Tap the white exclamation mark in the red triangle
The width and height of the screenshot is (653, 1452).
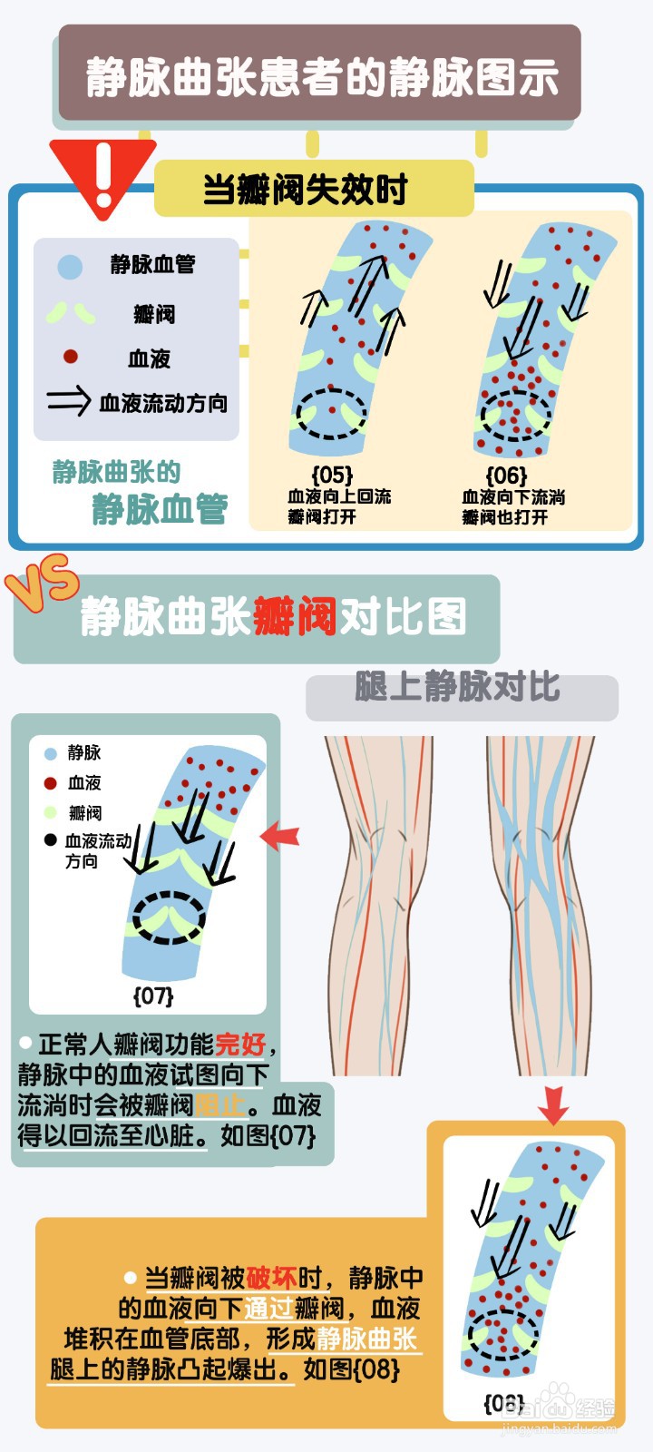pyautogui.click(x=103, y=174)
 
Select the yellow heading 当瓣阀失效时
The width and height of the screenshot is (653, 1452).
pyautogui.click(x=305, y=190)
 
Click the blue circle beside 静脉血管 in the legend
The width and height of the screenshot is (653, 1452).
pyautogui.click(x=70, y=266)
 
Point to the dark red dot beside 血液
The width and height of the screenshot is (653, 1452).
pyautogui.click(x=70, y=357)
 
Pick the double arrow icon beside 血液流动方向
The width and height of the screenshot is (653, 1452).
pyautogui.click(x=69, y=400)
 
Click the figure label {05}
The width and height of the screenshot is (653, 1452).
pyautogui.click(x=331, y=475)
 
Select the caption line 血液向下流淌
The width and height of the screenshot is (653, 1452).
pyautogui.click(x=513, y=497)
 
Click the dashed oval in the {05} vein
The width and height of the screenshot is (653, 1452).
pyautogui.click(x=333, y=414)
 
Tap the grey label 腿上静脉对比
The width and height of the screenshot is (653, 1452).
pyautogui.click(x=457, y=687)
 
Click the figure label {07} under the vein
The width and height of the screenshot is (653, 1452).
pyautogui.click(x=153, y=996)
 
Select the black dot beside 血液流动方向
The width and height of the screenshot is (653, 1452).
pyautogui.click(x=50, y=839)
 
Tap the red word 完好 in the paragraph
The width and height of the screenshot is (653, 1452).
pyautogui.click(x=240, y=1045)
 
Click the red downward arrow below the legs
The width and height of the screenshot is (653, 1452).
pyautogui.click(x=552, y=1104)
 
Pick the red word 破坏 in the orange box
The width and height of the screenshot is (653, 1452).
pyautogui.click(x=271, y=1278)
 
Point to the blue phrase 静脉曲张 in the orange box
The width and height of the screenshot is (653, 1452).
pyautogui.click(x=367, y=1339)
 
